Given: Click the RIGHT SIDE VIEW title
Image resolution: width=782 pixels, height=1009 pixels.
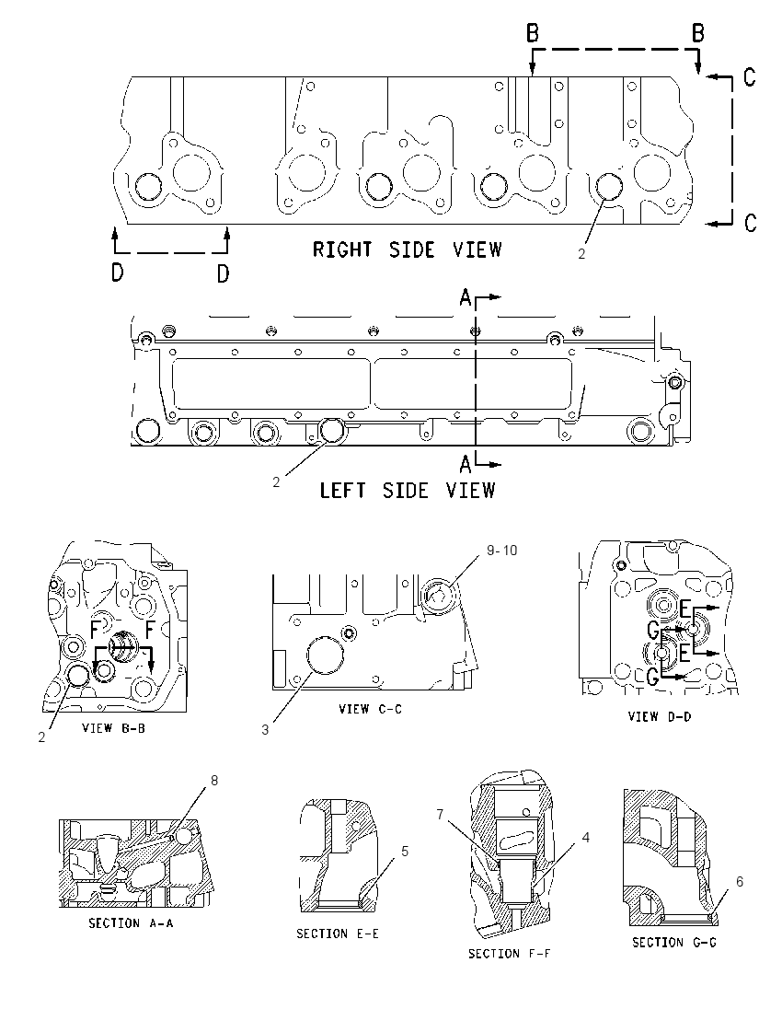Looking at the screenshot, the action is click(407, 249).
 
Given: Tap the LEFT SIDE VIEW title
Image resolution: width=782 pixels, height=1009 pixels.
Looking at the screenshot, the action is click(408, 491).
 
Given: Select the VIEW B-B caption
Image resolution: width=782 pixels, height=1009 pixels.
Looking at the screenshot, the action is click(113, 728).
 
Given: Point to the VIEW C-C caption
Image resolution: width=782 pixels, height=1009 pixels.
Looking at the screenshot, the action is click(370, 709).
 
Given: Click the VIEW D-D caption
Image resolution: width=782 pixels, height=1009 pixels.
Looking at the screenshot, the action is click(659, 716).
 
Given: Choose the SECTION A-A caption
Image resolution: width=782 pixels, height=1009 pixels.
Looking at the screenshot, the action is click(131, 923).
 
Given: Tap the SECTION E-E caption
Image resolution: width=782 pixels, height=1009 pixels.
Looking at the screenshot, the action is click(338, 934).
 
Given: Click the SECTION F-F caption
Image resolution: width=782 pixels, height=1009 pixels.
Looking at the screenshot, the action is click(510, 954).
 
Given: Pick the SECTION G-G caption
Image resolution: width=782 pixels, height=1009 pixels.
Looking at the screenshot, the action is click(674, 943).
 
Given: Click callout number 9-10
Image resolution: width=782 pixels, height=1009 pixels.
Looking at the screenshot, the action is click(501, 551).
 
